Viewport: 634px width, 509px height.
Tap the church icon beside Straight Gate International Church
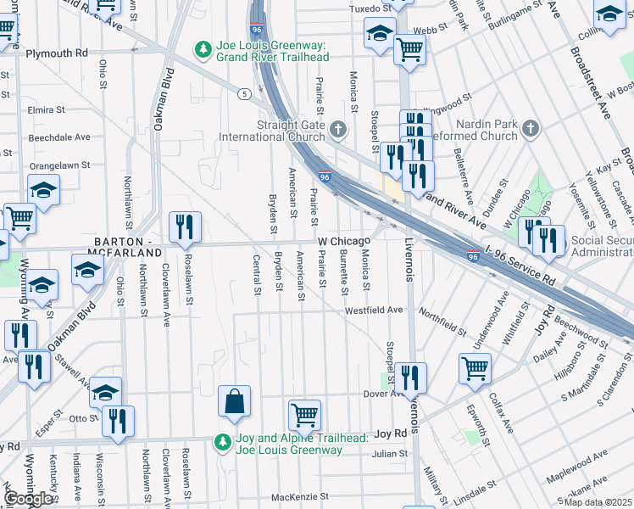click(338, 130)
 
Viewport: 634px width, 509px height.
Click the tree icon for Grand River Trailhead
click(203, 49)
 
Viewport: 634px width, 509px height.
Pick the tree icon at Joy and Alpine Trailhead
click(223, 442)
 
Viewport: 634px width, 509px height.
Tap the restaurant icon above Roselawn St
click(185, 227)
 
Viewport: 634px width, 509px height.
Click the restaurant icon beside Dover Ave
click(411, 378)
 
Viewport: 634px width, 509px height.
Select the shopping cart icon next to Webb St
click(409, 48)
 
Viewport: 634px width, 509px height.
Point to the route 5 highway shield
click(244, 93)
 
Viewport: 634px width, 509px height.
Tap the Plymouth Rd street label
click(56, 53)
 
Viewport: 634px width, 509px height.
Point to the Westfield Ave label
click(373, 310)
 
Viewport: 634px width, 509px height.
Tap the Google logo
click(30, 499)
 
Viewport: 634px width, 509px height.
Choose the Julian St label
click(390, 454)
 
